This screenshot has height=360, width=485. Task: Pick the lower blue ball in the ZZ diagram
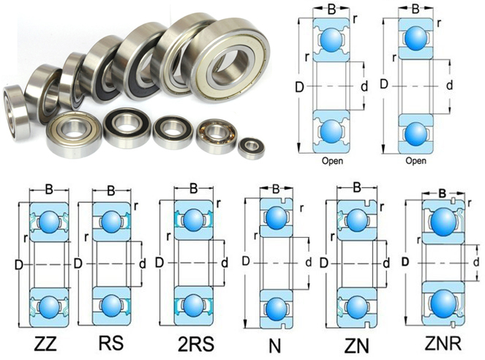(48, 303)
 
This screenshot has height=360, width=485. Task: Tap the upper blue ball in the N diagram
(276, 217)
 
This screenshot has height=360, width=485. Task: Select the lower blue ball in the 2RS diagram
(192, 302)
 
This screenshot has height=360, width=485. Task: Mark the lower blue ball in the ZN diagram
(356, 302)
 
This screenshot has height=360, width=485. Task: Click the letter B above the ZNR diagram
(442, 194)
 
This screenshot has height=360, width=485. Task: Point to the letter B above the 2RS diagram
(193, 190)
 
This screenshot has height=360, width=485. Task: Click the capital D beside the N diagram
(246, 261)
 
